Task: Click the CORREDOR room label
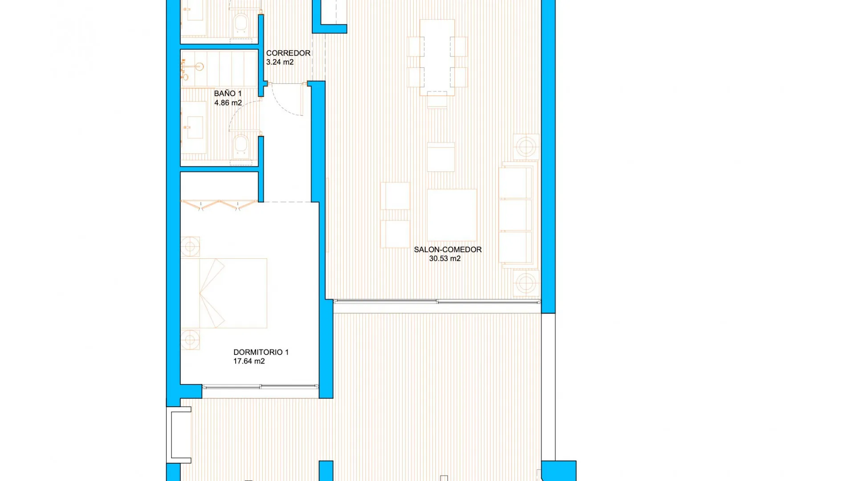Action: tap(288, 53)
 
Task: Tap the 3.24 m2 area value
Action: tap(280, 62)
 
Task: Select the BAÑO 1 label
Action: tap(228, 94)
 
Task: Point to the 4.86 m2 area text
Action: tap(228, 103)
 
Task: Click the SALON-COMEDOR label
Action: tap(448, 250)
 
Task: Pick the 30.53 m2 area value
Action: tap(444, 259)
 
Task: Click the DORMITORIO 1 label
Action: tap(261, 352)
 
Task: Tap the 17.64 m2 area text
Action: tap(249, 361)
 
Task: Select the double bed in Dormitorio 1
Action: tap(224, 293)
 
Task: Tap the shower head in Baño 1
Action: tap(199, 67)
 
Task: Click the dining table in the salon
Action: tap(437, 57)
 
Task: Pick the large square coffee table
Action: tap(452, 215)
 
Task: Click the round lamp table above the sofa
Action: tap(526, 147)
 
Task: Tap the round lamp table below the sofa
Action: tap(526, 283)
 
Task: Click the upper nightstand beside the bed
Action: tap(190, 246)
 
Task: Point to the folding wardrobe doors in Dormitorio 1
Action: tap(219, 205)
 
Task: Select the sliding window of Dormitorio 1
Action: tap(261, 387)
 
